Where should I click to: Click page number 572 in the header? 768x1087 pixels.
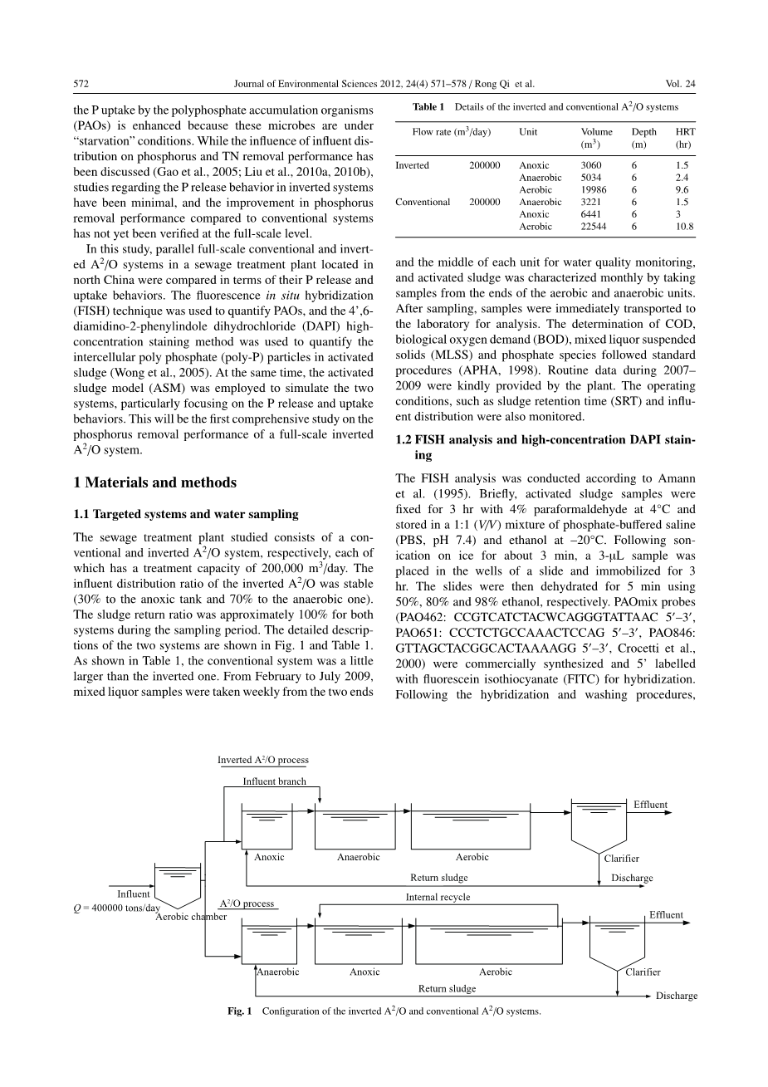tap(81, 83)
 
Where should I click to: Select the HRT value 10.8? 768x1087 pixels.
tap(684, 226)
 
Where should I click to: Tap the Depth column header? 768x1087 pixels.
tap(643, 131)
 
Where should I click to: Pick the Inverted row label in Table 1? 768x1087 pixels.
tap(412, 165)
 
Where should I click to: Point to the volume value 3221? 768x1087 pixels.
tap(590, 202)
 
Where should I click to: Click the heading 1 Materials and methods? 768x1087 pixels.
tap(154, 482)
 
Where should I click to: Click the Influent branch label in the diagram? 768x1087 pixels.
tap(274, 781)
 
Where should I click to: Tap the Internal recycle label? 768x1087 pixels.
tap(438, 897)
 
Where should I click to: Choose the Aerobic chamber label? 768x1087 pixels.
tap(190, 917)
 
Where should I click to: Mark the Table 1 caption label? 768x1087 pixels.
tap(429, 107)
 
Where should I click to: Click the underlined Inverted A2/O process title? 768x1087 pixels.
tap(262, 760)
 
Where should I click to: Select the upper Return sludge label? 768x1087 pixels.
tap(438, 877)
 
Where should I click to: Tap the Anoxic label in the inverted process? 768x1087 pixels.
tap(269, 857)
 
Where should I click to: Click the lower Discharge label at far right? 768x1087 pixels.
tap(676, 996)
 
